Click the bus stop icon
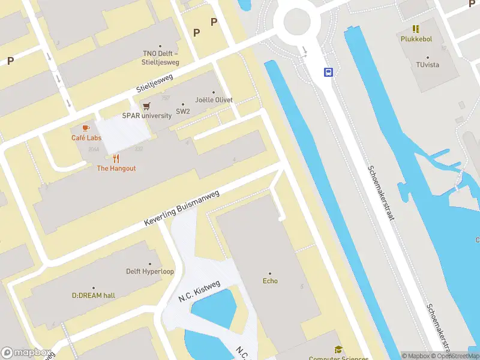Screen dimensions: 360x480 click(329, 73)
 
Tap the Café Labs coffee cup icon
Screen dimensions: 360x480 click(86, 128)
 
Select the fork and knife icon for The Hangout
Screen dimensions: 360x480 click(116, 158)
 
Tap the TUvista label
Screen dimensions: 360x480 click(428, 64)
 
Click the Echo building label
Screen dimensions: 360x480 click(270, 281)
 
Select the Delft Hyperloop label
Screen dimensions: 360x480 click(150, 271)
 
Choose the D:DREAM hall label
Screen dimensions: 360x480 click(94, 295)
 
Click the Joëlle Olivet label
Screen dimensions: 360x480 click(214, 100)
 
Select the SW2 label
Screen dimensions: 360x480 click(183, 112)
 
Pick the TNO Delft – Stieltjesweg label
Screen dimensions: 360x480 click(160, 57)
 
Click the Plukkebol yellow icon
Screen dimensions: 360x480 click(415, 28)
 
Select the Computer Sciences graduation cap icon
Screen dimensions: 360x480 click(338, 350)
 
